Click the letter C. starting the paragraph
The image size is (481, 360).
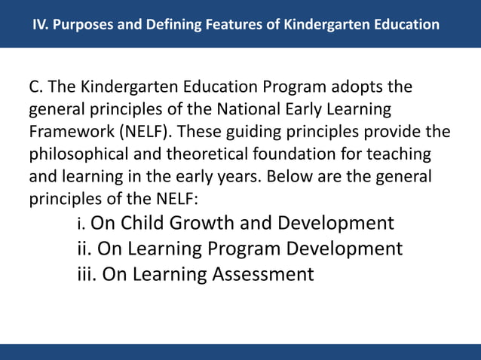click(36, 90)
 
